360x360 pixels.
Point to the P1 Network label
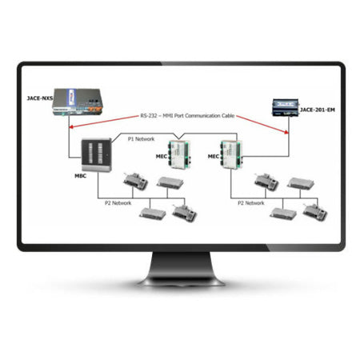tap(142, 138)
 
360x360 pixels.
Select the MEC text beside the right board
tap(214, 157)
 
